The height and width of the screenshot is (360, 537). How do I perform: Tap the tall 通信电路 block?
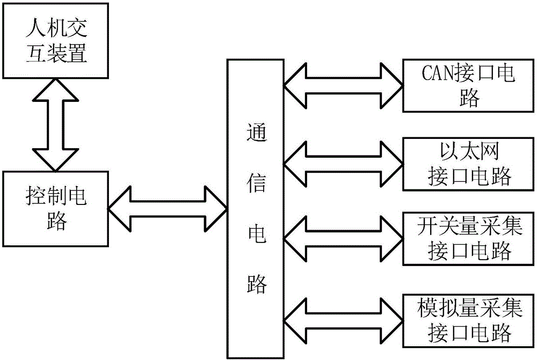(x=256, y=209)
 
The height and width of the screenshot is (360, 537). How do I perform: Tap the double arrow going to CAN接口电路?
(x=343, y=86)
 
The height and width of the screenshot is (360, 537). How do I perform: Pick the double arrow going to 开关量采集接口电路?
(x=343, y=238)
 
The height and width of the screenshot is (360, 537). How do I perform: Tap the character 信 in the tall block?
(x=256, y=183)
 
